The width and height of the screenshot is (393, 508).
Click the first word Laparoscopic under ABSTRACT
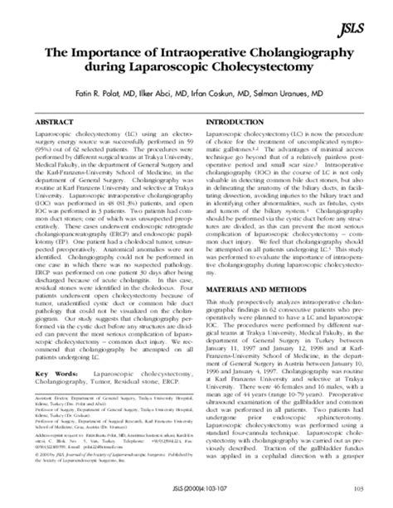[55, 133]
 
